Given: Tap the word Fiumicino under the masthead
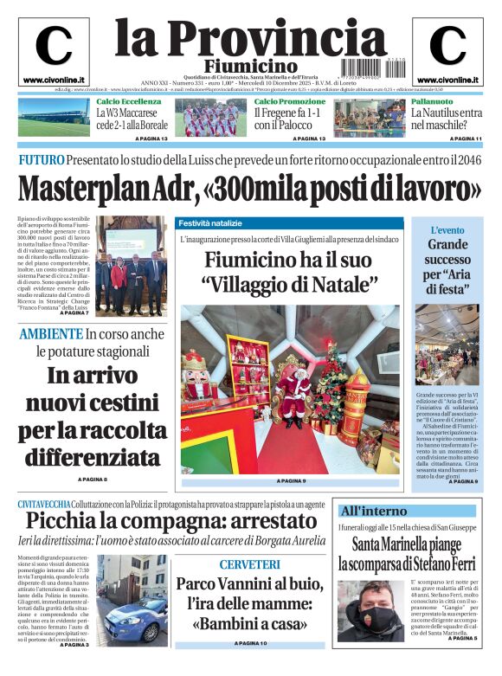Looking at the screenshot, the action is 251,67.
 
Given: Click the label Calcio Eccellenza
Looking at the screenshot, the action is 129,102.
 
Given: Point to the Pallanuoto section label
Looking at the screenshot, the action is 432,102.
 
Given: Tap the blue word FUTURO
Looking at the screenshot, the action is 42,159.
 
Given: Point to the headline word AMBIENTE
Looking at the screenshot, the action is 51,333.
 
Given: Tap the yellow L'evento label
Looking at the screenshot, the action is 447,230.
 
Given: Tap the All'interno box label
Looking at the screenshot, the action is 373,511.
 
